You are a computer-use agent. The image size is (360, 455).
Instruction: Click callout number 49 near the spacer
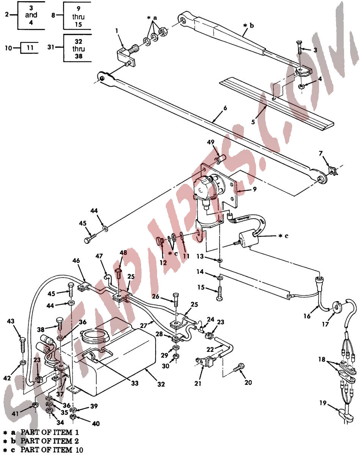[211, 142]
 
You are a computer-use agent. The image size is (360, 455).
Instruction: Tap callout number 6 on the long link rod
[225, 108]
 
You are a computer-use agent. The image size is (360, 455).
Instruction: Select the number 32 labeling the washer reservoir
[161, 384]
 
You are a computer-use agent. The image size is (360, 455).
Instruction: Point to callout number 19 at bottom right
[323, 403]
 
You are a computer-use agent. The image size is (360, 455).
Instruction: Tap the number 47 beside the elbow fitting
[99, 256]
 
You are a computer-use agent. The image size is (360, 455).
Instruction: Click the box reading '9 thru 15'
[77, 16]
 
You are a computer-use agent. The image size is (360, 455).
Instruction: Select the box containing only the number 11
[30, 48]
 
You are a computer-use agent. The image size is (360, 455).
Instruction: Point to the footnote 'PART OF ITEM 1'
[49, 432]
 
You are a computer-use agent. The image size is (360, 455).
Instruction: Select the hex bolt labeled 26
[176, 300]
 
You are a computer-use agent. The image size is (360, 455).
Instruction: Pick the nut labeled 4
[300, 86]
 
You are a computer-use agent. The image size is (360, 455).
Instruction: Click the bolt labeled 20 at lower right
[239, 368]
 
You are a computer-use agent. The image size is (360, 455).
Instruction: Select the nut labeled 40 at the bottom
[73, 417]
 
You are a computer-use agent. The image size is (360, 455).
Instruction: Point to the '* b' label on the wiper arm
[248, 26]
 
